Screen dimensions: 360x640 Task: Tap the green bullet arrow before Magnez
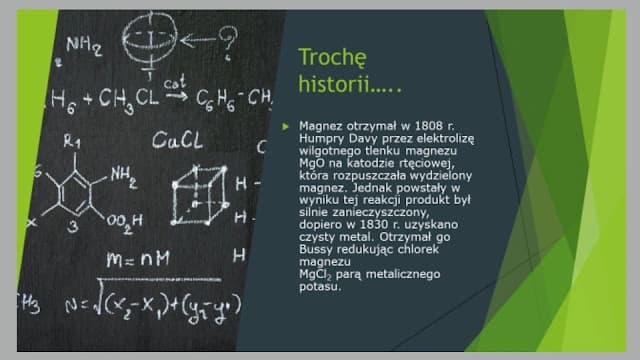285,125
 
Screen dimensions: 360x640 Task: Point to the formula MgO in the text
311,162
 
